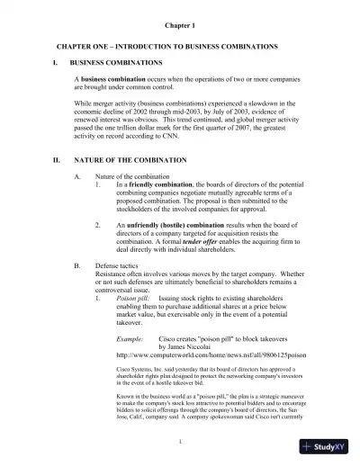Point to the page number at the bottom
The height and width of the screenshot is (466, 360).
pyautogui.click(x=180, y=440)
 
